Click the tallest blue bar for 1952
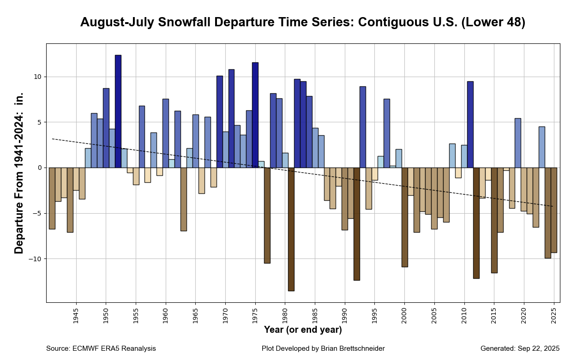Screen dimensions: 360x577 [x=118, y=111]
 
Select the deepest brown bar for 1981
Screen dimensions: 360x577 [x=291, y=229]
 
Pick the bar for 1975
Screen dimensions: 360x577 [x=255, y=115]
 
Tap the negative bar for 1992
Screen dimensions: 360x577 [x=357, y=224]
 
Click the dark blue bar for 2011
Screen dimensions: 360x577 [x=470, y=125]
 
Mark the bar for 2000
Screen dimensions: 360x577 [x=405, y=217]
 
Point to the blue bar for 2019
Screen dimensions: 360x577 [x=518, y=143]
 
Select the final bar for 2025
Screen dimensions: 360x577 [x=554, y=210]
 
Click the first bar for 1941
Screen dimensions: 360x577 [x=52, y=198]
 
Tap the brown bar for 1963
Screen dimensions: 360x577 [x=184, y=199]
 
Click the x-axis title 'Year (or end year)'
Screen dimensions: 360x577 [x=303, y=330]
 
